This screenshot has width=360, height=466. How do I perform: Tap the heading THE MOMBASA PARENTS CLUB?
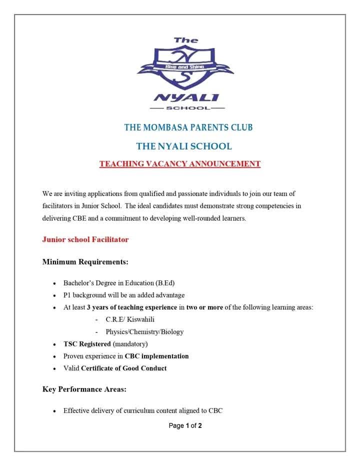188,127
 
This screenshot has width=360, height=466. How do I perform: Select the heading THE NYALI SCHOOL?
184,146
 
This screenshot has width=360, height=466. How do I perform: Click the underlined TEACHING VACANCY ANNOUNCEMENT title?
180,163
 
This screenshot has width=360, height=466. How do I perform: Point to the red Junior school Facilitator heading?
85,239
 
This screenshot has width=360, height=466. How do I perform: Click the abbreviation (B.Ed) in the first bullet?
163,283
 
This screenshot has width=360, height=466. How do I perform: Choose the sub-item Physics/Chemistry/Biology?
144,331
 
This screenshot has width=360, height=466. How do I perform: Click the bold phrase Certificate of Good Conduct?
123,368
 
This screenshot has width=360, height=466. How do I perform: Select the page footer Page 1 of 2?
185,426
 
